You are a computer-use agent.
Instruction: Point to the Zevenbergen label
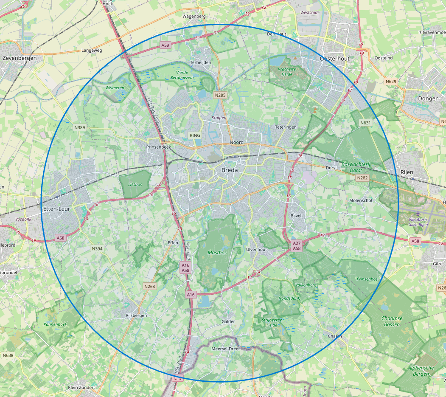20,58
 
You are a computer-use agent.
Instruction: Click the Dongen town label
428,99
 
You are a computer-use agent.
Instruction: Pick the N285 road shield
220,95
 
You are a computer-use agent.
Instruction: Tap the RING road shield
195,135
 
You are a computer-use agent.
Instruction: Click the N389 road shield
80,127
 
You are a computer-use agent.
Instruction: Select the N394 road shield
97,249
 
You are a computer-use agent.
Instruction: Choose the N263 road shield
150,286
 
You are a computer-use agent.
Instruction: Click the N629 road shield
390,81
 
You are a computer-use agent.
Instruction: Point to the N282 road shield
362,177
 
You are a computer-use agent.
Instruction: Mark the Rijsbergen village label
136,315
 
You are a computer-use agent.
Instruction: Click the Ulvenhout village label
257,249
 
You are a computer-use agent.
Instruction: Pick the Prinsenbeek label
158,147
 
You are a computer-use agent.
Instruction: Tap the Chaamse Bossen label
391,321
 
